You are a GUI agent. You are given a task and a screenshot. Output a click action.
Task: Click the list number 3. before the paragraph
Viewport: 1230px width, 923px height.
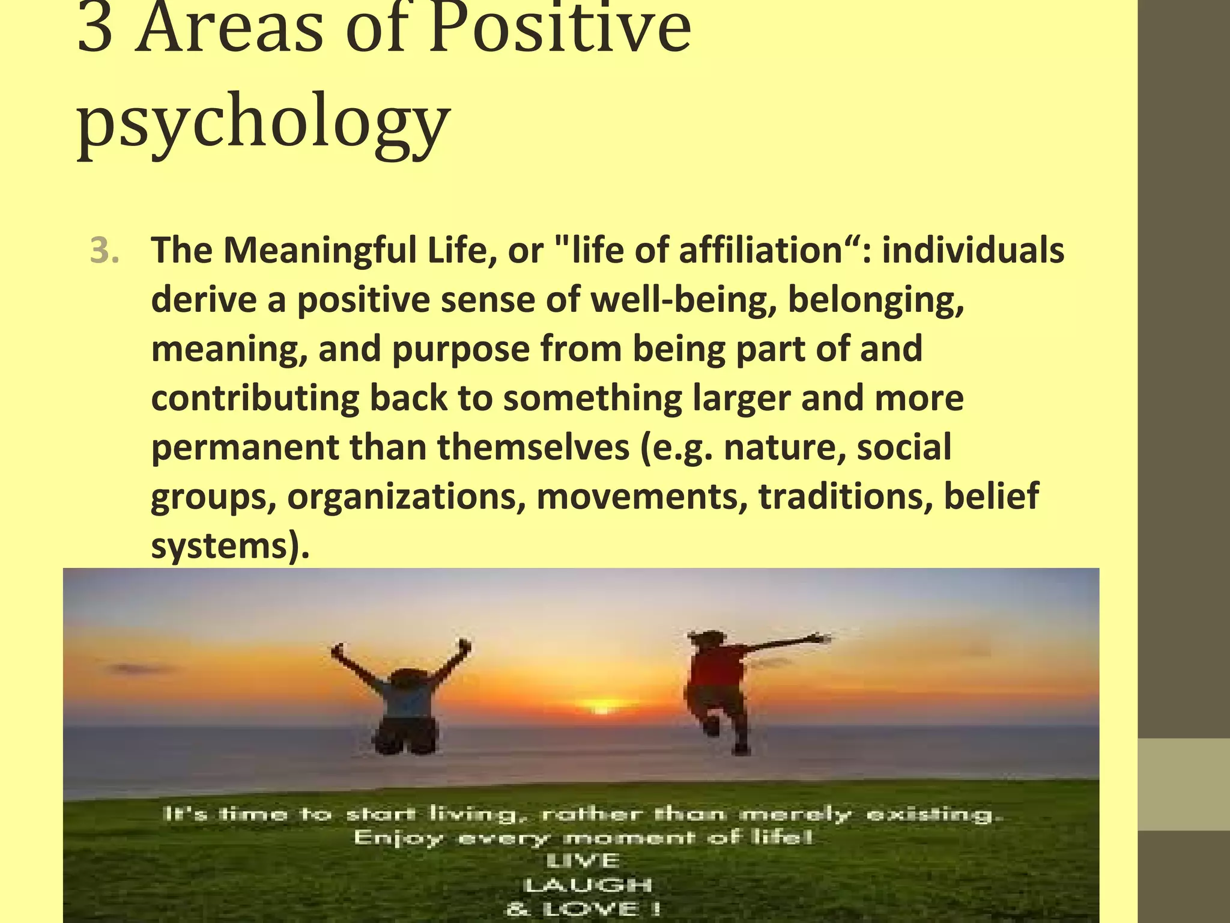click(105, 251)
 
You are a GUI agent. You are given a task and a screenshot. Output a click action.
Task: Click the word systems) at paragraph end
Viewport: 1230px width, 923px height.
click(229, 547)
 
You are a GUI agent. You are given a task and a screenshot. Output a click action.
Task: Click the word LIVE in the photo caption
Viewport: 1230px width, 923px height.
click(583, 861)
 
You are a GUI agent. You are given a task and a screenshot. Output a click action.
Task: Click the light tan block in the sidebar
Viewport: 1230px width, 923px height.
click(1183, 784)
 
